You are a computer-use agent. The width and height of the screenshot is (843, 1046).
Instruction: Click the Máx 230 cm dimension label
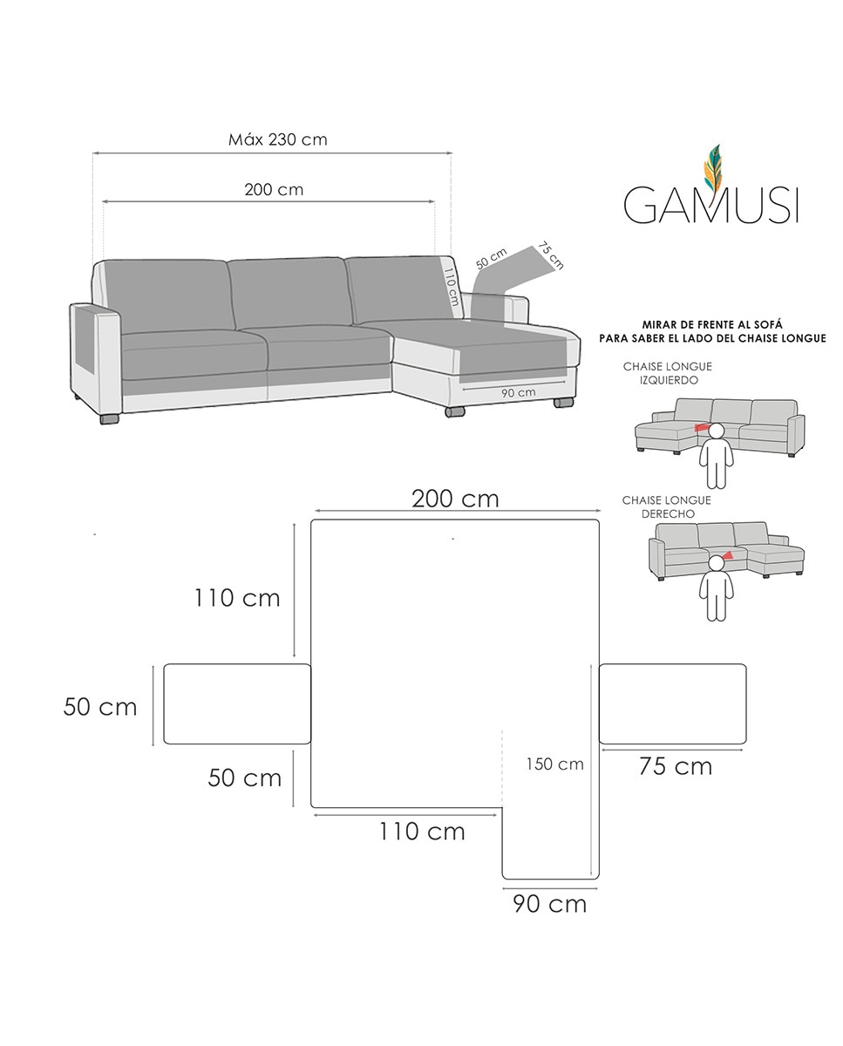tap(277, 139)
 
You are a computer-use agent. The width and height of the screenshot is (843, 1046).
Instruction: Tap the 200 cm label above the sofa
tap(274, 189)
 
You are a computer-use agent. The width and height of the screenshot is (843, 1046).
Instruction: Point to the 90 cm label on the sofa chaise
tap(519, 392)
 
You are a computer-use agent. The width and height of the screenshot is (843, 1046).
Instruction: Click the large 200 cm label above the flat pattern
tap(455, 499)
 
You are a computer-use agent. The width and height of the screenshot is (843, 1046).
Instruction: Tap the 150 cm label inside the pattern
tap(554, 764)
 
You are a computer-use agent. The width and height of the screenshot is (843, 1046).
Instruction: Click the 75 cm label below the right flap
tap(675, 766)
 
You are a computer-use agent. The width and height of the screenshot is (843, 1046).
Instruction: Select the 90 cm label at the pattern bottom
tap(549, 904)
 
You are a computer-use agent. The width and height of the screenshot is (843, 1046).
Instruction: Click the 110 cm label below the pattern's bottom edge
tap(422, 832)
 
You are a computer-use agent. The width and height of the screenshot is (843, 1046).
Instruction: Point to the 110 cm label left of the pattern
tap(237, 598)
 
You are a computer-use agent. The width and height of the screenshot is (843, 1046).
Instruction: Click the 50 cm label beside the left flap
tap(100, 707)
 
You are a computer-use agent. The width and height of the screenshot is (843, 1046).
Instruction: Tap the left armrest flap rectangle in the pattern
tap(237, 704)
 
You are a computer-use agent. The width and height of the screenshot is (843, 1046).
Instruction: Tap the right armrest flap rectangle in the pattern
tap(672, 704)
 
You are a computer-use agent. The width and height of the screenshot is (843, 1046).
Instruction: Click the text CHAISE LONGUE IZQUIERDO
tap(667, 374)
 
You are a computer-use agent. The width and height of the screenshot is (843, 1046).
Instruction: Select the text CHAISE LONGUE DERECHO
tap(666, 507)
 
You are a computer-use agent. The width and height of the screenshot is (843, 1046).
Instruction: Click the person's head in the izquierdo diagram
tap(717, 431)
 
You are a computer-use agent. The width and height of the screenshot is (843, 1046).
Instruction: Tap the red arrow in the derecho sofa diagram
tap(727, 555)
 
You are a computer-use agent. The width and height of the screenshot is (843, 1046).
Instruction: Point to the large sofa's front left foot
tap(110, 419)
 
